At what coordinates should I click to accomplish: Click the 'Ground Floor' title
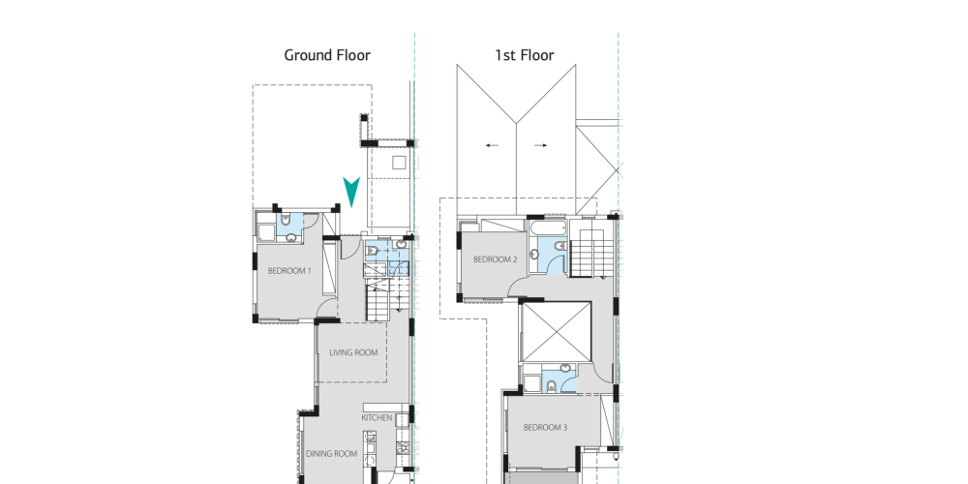click(x=327, y=55)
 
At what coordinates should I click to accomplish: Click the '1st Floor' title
click(x=525, y=55)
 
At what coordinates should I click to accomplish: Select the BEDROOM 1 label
click(x=289, y=270)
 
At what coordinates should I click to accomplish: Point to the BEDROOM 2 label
click(x=495, y=259)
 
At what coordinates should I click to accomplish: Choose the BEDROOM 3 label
click(x=545, y=427)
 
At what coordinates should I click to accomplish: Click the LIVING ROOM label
click(x=353, y=353)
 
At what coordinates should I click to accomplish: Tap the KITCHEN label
click(x=377, y=418)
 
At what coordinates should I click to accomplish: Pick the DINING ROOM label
click(x=331, y=454)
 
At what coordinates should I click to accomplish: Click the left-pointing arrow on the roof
click(x=492, y=146)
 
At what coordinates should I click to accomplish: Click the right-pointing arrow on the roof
click(x=541, y=146)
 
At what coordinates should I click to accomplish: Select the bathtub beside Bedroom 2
click(x=548, y=227)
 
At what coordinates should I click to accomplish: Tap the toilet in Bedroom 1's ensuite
click(x=287, y=220)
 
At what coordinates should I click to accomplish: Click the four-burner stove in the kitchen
click(x=403, y=447)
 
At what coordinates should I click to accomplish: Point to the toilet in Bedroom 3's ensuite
click(x=551, y=387)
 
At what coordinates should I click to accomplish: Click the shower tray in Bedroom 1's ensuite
click(x=267, y=232)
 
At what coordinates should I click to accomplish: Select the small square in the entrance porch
click(x=399, y=163)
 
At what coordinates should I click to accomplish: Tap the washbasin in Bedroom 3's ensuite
click(x=565, y=370)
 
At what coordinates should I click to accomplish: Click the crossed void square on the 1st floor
click(x=557, y=331)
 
